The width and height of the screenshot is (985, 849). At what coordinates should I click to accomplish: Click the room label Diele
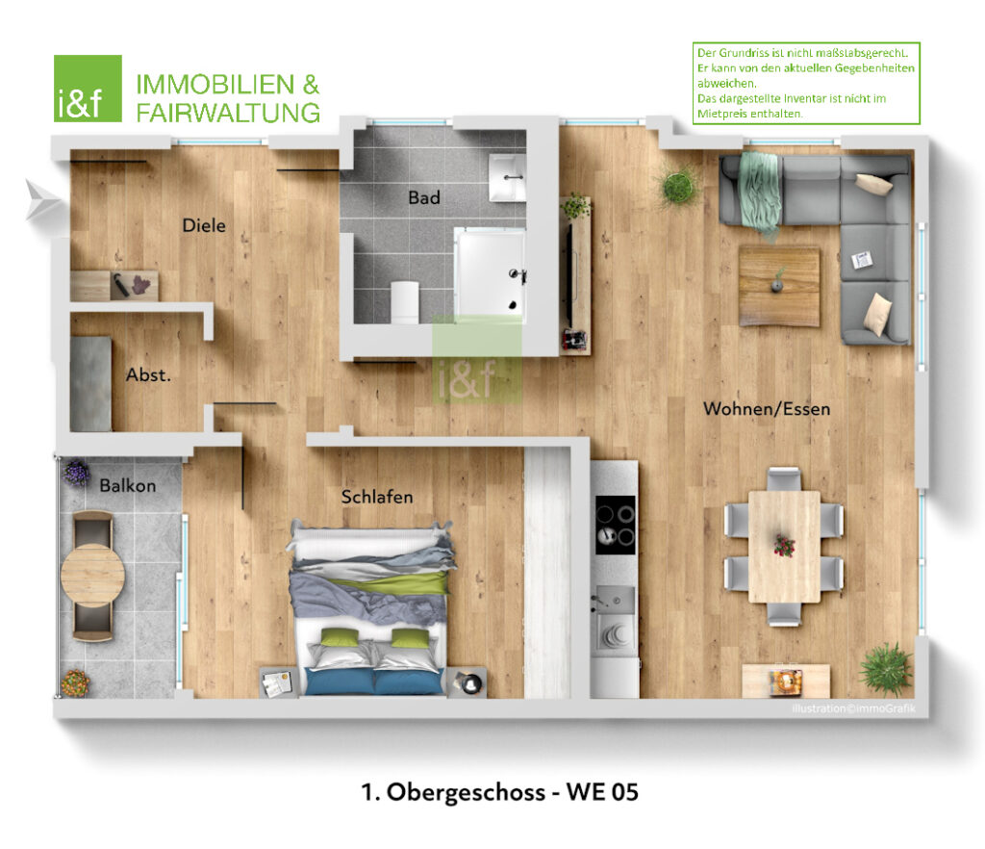[x=204, y=225]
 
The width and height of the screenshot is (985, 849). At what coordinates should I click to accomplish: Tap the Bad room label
[x=424, y=197]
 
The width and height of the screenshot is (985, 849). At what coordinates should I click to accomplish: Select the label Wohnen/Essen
[x=767, y=409]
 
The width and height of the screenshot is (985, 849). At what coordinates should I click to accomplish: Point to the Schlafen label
[x=377, y=497]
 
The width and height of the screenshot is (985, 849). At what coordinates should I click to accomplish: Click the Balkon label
[x=128, y=485]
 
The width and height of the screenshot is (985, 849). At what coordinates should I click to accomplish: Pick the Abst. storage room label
[x=148, y=374]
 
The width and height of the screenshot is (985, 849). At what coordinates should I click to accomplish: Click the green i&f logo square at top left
[x=88, y=89]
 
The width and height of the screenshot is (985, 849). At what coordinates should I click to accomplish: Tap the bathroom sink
[x=507, y=178]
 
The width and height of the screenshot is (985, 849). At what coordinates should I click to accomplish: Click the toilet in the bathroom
[x=405, y=301]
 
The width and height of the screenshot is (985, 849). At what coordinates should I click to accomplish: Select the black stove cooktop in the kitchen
[x=615, y=525]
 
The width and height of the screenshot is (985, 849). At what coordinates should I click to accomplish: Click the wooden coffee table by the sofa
[x=779, y=286]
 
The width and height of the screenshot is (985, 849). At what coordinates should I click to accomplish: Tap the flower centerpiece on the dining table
[x=784, y=545]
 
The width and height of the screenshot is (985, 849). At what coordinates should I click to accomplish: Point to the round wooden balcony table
[x=92, y=576]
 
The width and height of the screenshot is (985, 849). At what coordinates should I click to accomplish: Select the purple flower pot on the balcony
[x=76, y=473]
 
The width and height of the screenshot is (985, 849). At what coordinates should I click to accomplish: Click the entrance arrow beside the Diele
[x=42, y=200]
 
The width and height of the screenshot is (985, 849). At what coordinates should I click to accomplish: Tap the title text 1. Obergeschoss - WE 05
[x=499, y=792]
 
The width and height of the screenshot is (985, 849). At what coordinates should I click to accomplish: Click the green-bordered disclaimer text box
[x=806, y=84]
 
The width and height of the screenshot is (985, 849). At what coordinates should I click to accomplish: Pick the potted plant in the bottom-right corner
[x=886, y=669]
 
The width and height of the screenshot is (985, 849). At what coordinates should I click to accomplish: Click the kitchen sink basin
[x=614, y=600]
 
